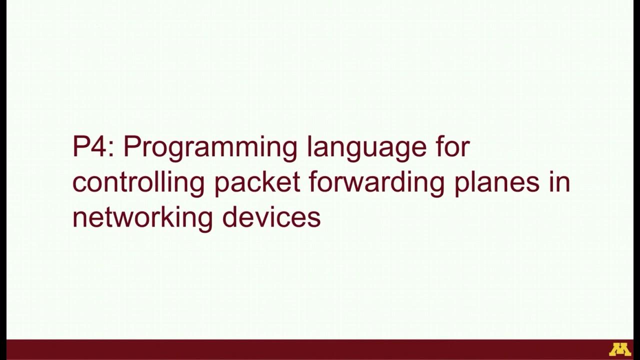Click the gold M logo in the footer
click(619, 349)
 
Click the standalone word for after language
click(448, 146)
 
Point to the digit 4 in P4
click(101, 147)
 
